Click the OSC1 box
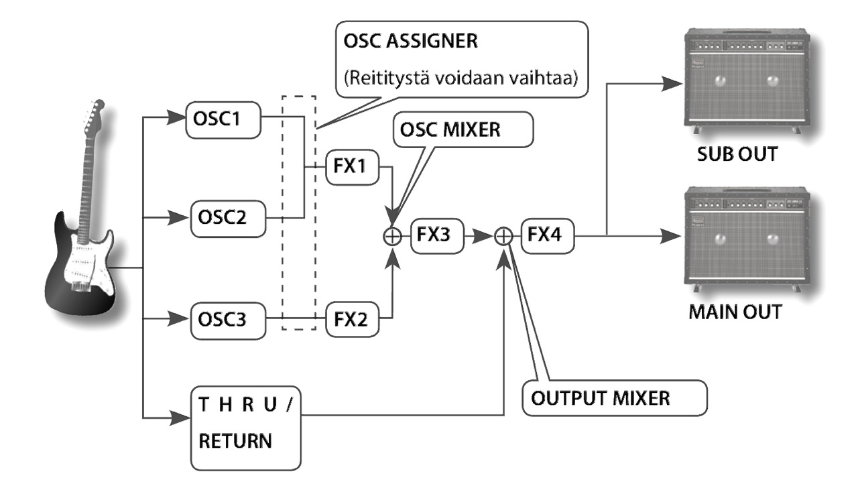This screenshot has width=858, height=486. coord(222,119)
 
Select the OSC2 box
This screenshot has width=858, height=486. coord(222,218)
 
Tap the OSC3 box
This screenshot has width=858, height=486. coord(222,316)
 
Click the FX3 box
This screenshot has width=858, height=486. coord(433,236)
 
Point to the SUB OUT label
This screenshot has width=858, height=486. coord(736,154)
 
